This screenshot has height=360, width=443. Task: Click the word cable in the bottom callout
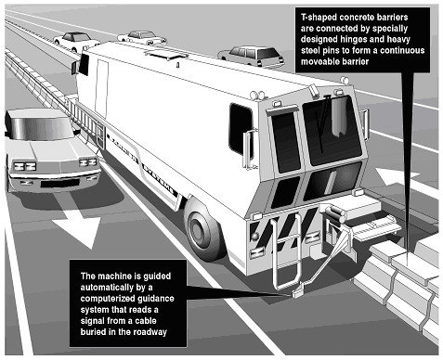pyautogui.click(x=146, y=321)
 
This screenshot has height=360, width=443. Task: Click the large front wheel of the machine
pyautogui.click(x=202, y=228)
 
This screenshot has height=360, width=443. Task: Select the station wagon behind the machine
pyautogui.click(x=251, y=57)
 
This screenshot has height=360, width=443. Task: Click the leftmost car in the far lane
pyautogui.click(x=76, y=41)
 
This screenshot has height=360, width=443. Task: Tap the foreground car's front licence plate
pyautogui.click(x=59, y=183)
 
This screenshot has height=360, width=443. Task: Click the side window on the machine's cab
pyautogui.click(x=241, y=129)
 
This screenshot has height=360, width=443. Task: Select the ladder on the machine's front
pyautogui.click(x=286, y=251)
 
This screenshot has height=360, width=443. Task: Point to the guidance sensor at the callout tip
pyautogui.click(x=298, y=293)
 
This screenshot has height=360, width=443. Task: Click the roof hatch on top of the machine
pyautogui.click(x=166, y=55)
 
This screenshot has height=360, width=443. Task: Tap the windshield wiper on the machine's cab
pyautogui.click(x=323, y=123)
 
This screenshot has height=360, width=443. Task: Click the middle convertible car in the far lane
pyautogui.click(x=142, y=37)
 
